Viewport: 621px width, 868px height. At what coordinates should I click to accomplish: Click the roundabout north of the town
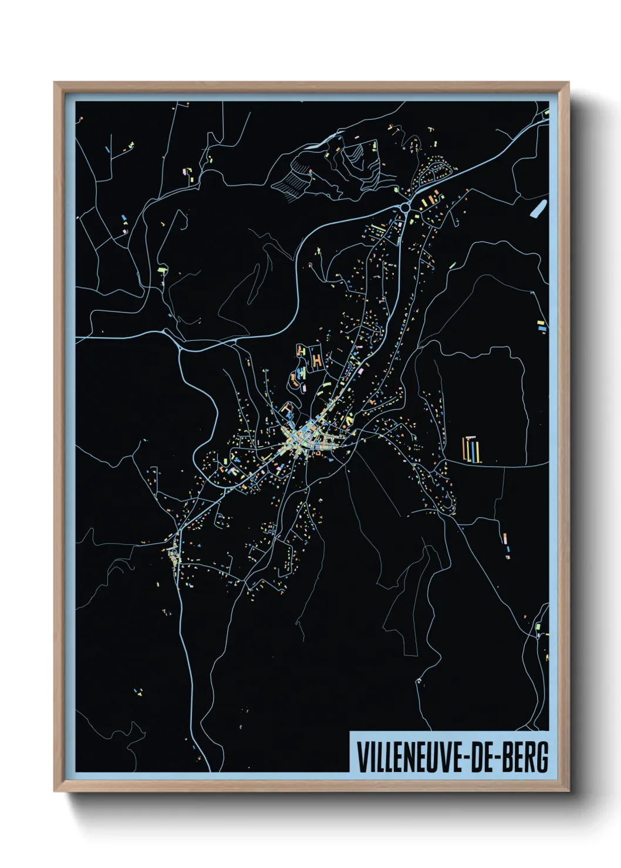point(405,207)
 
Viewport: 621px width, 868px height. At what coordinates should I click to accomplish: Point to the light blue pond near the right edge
point(538,208)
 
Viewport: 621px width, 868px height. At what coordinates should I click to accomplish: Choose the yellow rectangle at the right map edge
point(541,322)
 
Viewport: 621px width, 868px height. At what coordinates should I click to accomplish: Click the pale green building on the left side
point(163,270)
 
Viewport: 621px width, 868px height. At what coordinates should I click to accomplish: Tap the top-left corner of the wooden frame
point(55,83)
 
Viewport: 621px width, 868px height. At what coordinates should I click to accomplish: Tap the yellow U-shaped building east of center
point(350,420)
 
